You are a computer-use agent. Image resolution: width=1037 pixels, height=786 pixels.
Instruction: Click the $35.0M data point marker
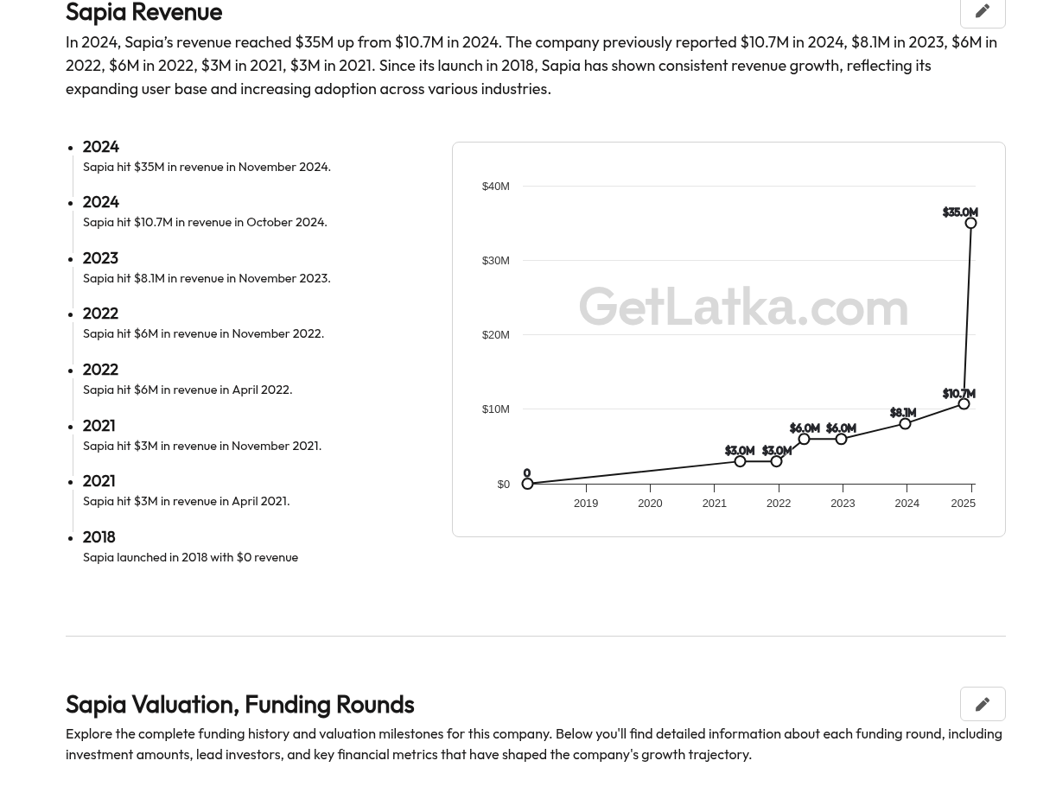tap(970, 223)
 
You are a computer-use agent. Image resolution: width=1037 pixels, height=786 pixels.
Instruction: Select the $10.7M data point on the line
tap(964, 403)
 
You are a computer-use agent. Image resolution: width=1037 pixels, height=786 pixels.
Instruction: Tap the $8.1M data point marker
tap(905, 423)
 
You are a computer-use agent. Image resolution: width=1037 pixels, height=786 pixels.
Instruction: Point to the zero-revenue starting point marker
tap(527, 484)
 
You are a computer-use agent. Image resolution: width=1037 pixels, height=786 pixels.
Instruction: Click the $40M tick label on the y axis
tap(495, 187)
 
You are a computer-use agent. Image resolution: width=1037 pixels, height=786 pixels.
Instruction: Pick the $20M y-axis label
tap(495, 335)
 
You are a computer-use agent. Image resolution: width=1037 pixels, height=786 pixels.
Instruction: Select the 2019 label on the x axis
tap(586, 504)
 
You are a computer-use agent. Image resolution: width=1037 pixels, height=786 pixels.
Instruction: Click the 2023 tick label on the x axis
tap(843, 504)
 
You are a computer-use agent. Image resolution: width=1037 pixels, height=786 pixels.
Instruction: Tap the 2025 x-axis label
tap(963, 504)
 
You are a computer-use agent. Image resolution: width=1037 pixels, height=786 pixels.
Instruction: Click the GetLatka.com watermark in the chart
tap(743, 307)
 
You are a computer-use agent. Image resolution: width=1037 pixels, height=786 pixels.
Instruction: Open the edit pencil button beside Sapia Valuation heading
tap(983, 704)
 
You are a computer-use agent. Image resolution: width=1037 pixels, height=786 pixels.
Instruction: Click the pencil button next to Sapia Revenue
tap(983, 11)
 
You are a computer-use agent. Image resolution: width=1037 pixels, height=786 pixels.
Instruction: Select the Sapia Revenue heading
tap(143, 12)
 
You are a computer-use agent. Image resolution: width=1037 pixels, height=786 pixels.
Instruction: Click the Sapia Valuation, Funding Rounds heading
tap(240, 704)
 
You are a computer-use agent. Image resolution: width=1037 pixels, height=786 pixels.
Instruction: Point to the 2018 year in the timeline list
tap(99, 537)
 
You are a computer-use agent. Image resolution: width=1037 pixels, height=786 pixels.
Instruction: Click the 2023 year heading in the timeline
tap(100, 258)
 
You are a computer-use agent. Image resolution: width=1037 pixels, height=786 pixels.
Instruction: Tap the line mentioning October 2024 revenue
tap(205, 222)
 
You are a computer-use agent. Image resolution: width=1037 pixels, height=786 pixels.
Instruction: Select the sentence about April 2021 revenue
tap(186, 501)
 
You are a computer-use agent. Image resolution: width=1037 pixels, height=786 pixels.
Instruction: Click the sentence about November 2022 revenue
tap(204, 333)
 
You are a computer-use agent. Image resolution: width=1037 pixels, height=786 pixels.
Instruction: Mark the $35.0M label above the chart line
tap(960, 212)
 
